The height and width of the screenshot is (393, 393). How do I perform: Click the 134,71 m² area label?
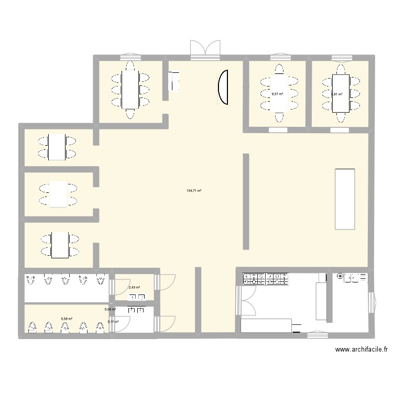(194, 191)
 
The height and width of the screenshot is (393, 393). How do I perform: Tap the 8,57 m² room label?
(277, 94)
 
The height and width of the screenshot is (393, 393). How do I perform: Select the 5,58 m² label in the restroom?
(66, 319)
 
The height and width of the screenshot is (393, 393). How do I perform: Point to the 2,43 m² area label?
(134, 287)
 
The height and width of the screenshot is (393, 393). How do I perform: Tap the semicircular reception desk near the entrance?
(223, 88)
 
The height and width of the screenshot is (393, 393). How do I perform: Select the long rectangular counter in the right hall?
(345, 199)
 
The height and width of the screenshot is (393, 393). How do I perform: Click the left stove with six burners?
(254, 279)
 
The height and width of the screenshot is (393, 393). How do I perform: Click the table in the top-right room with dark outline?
(341, 93)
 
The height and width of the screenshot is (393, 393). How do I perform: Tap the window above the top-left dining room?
(129, 55)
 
